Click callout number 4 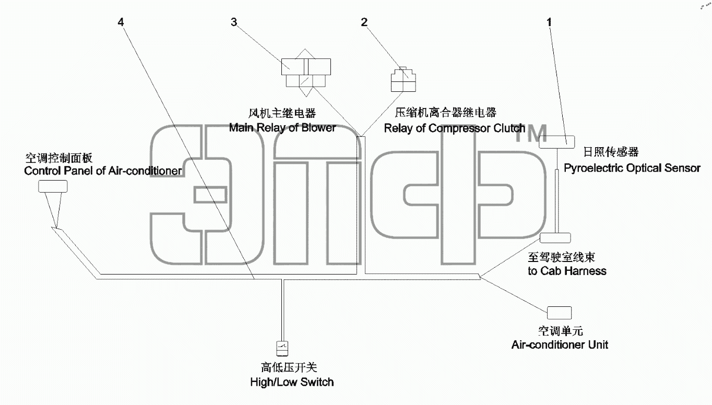pyautogui.click(x=121, y=22)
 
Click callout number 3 pyautogui.click(x=234, y=22)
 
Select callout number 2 pyautogui.click(x=364, y=22)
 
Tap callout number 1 pyautogui.click(x=549, y=22)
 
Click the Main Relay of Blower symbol pyautogui.click(x=306, y=73)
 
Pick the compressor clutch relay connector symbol pyautogui.click(x=403, y=79)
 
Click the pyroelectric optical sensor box pyautogui.click(x=556, y=142)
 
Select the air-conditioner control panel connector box pyautogui.click(x=53, y=186)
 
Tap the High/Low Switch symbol pyautogui.click(x=282, y=349)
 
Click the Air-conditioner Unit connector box pyautogui.click(x=559, y=313)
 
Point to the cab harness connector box pyautogui.click(x=555, y=238)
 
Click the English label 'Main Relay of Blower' pyautogui.click(x=282, y=128)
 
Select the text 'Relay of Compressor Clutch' pyautogui.click(x=454, y=128)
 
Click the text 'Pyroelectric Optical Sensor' pyautogui.click(x=632, y=168)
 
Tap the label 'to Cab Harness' pyautogui.click(x=567, y=271)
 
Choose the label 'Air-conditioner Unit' pyautogui.click(x=560, y=345)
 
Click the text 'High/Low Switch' pyautogui.click(x=292, y=382)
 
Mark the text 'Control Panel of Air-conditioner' pyautogui.click(x=103, y=171)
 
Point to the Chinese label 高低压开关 pyautogui.click(x=289, y=367)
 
